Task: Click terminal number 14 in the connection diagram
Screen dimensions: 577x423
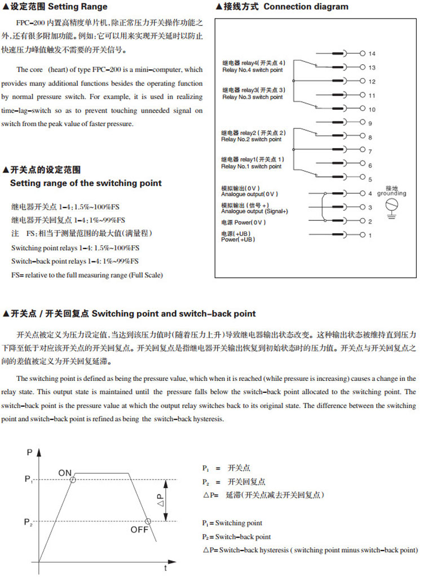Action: [x=372, y=54]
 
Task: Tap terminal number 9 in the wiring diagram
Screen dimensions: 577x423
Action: [x=370, y=123]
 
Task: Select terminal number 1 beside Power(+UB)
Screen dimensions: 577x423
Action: [x=370, y=234]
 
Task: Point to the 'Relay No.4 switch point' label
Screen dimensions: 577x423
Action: [x=252, y=69]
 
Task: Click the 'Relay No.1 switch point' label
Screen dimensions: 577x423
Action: [x=251, y=167]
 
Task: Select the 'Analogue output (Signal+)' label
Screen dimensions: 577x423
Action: [x=254, y=211]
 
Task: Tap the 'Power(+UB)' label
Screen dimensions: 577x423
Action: [x=238, y=239]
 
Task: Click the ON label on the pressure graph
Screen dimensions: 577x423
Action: [x=65, y=472]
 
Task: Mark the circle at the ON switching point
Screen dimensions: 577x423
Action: [x=73, y=480]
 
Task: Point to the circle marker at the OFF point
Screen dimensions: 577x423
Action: [x=148, y=521]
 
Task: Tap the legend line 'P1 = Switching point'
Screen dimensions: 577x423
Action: [x=232, y=523]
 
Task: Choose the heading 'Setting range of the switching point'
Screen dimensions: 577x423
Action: [x=86, y=183]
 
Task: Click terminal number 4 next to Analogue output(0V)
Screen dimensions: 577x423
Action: [x=370, y=193]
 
